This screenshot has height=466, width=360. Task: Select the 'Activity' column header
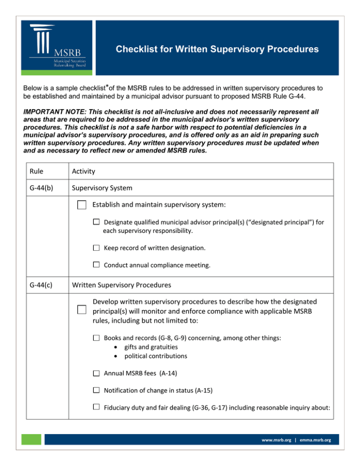(85, 172)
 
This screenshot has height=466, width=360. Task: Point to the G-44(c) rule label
(41, 284)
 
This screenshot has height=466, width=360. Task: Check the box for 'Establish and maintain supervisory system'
(82, 205)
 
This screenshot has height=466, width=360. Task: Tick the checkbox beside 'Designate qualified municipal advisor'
(96, 222)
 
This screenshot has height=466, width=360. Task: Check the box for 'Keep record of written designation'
(96, 248)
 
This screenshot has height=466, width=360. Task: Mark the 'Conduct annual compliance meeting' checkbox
(96, 264)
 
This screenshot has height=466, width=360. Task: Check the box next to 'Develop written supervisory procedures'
(82, 309)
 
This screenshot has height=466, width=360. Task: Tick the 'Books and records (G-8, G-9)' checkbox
(96, 337)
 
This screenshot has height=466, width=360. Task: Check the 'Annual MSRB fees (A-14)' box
(96, 373)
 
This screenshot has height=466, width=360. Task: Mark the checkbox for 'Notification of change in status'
(96, 390)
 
